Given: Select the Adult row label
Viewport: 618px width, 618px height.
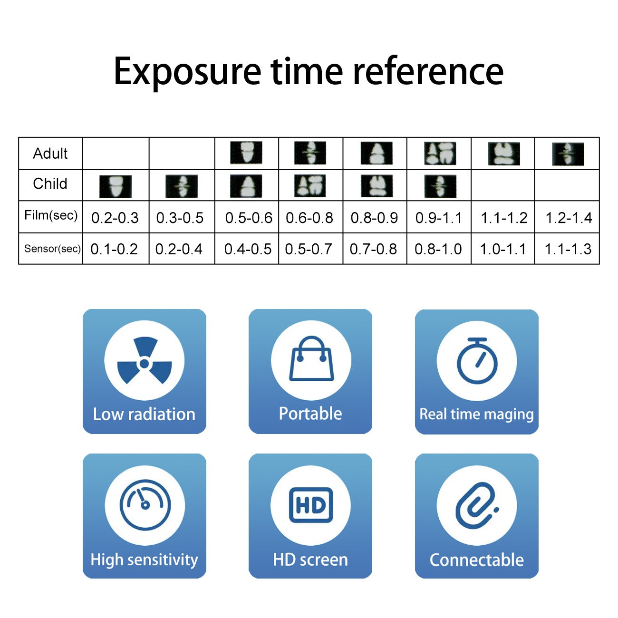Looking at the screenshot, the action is [50, 153].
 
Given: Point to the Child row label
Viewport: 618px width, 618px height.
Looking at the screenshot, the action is [50, 183].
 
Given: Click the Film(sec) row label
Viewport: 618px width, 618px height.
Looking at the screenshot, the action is [51, 215].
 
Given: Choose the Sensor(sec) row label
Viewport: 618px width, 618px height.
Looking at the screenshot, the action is [52, 249].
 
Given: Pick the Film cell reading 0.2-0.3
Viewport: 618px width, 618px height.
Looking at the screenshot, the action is [115, 218].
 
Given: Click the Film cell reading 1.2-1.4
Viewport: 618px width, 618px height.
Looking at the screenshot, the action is [569, 218].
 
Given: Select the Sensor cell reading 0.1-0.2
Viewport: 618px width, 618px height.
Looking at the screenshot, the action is [114, 249].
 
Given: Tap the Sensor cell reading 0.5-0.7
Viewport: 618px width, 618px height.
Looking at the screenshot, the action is [309, 249].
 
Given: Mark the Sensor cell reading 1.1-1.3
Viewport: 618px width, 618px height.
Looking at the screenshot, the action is [568, 249].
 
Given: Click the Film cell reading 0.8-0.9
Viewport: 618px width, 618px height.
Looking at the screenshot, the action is [374, 218].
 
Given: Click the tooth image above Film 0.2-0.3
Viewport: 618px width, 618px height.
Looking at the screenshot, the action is [116, 186].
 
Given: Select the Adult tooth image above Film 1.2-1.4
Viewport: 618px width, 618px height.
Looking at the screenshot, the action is [568, 154].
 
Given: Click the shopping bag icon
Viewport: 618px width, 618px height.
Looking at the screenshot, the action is [311, 358].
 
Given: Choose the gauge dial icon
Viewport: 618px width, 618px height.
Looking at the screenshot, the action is [145, 505].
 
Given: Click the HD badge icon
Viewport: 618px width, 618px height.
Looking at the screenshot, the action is [311, 505].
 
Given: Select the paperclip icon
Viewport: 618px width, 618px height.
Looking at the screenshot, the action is [477, 505].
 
